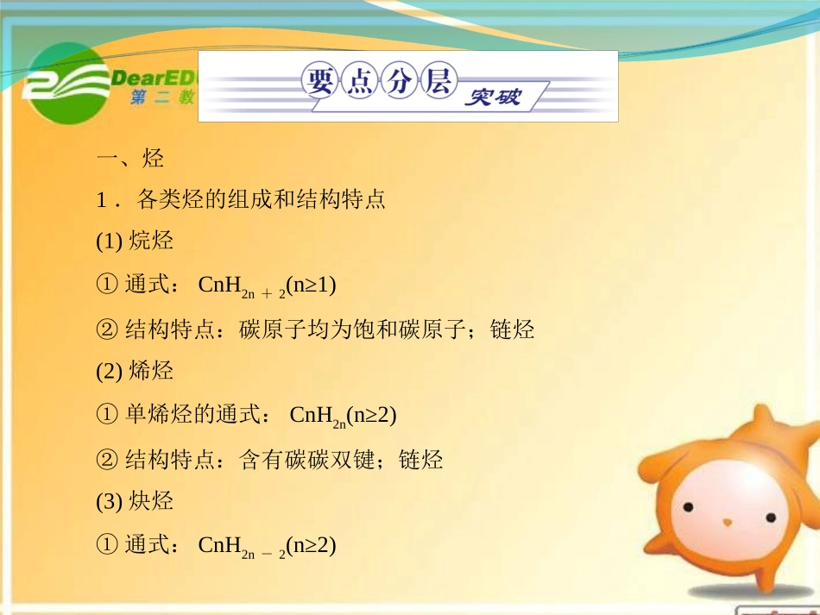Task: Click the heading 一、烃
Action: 130,159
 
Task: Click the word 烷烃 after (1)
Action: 151,241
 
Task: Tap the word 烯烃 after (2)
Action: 151,371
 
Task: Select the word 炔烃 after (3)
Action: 151,501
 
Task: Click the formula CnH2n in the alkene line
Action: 317,417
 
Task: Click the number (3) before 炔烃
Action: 110,502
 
